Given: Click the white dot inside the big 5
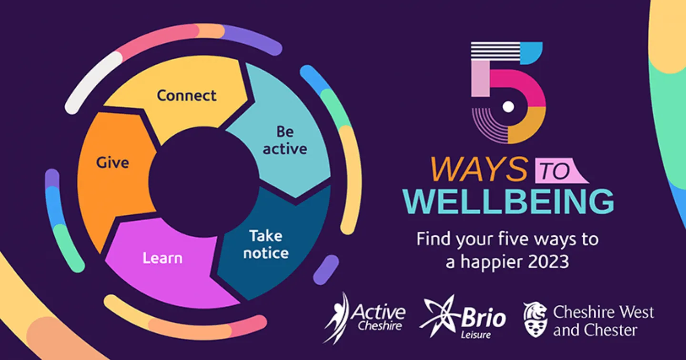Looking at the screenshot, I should click(x=509, y=107).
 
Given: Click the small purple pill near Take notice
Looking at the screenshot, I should click(x=326, y=270).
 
